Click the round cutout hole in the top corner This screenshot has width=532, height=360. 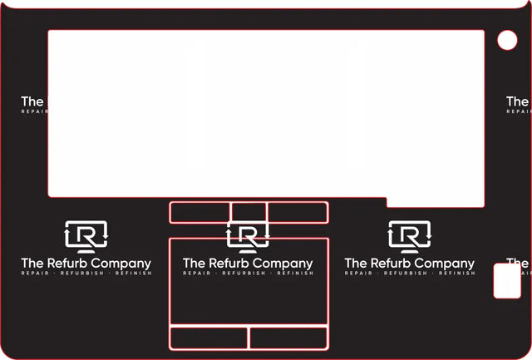click(x=507, y=39)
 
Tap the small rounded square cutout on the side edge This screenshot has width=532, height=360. click(x=506, y=281)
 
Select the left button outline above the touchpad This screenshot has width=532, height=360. click(x=199, y=213)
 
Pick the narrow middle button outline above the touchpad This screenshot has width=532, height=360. click(x=249, y=213)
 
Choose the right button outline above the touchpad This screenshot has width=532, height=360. click(x=298, y=213)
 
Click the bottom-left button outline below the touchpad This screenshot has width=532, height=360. click(x=209, y=338)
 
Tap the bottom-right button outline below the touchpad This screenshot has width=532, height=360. click(x=288, y=338)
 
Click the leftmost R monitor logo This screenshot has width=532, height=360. click(x=86, y=236)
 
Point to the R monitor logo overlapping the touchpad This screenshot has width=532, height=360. click(x=248, y=236)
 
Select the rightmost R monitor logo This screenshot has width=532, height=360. click(x=410, y=236)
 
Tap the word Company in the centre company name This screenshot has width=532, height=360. click(x=283, y=264)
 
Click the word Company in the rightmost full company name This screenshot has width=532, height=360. click(x=445, y=264)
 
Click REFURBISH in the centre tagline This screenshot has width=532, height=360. click(x=248, y=274)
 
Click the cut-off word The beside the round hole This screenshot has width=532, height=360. click(x=518, y=101)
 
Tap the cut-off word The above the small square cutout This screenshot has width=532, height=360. click(x=518, y=263)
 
